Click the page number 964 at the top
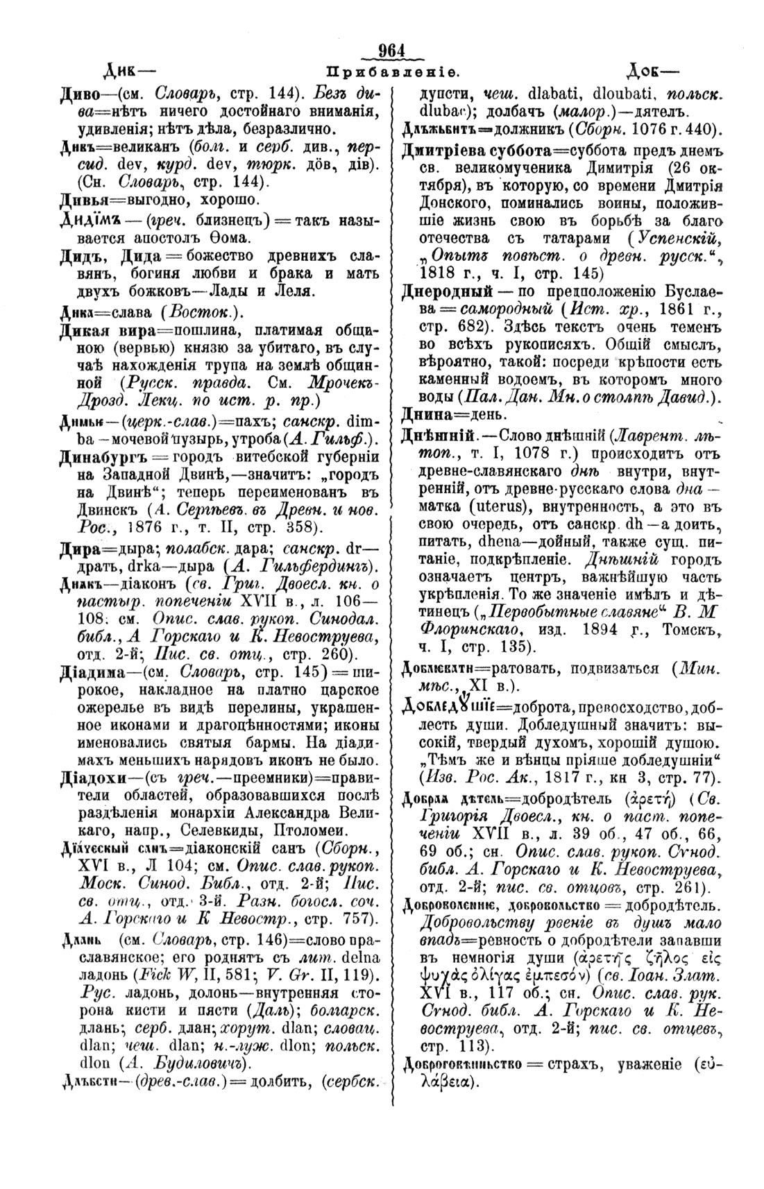392,51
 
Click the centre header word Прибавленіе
391,72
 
